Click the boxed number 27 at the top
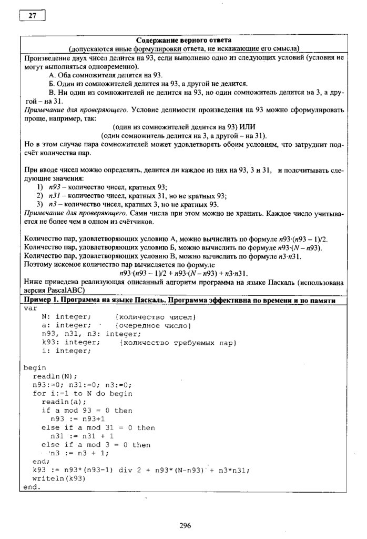click(x=32, y=15)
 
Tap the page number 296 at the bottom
click(x=185, y=525)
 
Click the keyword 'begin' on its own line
click(x=35, y=367)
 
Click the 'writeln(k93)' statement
click(x=59, y=478)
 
